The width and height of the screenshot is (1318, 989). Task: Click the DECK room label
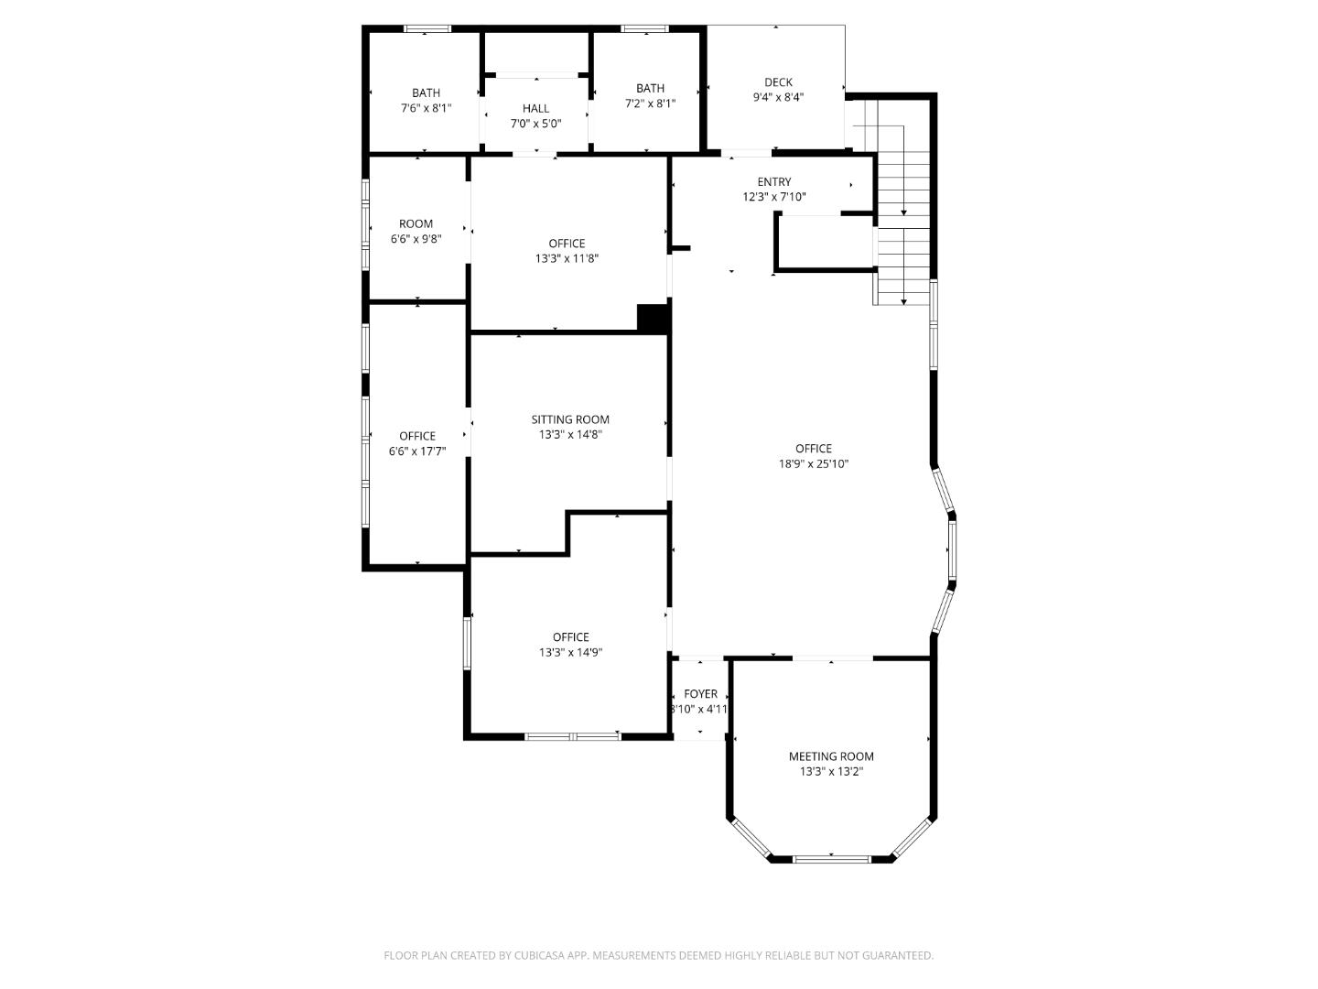[x=778, y=82]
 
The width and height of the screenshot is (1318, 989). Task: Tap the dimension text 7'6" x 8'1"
[x=426, y=108]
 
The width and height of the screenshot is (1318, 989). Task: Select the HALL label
[x=535, y=109]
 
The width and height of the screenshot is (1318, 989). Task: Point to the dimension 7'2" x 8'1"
[x=650, y=103]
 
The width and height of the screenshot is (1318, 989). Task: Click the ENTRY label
[x=773, y=182]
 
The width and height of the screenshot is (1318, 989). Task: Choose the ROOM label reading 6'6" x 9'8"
[x=416, y=224]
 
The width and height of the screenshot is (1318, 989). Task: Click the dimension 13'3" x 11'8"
[x=567, y=259]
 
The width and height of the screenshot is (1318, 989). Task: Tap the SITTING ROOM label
[x=570, y=420]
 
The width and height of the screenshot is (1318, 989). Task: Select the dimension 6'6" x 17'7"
[x=417, y=451]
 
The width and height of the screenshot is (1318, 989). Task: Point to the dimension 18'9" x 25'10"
[x=813, y=464]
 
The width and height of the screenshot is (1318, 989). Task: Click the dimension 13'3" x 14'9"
[x=570, y=653]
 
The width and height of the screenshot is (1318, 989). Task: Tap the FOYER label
[x=700, y=694]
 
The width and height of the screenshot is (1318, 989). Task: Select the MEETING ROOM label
[x=831, y=756]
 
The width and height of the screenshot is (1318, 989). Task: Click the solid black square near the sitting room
[x=654, y=318]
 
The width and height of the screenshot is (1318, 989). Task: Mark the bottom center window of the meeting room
[x=831, y=859]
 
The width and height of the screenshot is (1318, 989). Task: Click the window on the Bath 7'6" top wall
[x=427, y=28]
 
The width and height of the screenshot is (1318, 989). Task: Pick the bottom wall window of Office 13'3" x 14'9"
[x=573, y=735]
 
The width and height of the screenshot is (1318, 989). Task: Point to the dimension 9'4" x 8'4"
[x=778, y=97]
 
